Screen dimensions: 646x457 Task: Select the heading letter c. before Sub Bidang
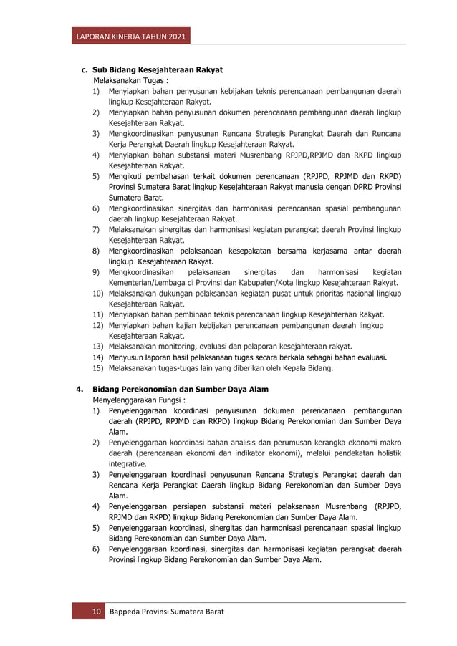84,70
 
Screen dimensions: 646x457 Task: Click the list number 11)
97,314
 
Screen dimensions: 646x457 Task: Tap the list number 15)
97,368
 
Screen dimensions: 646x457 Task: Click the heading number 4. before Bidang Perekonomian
80,390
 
